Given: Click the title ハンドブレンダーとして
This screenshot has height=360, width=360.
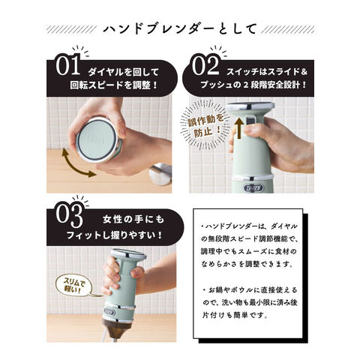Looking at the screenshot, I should coord(179,29).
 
